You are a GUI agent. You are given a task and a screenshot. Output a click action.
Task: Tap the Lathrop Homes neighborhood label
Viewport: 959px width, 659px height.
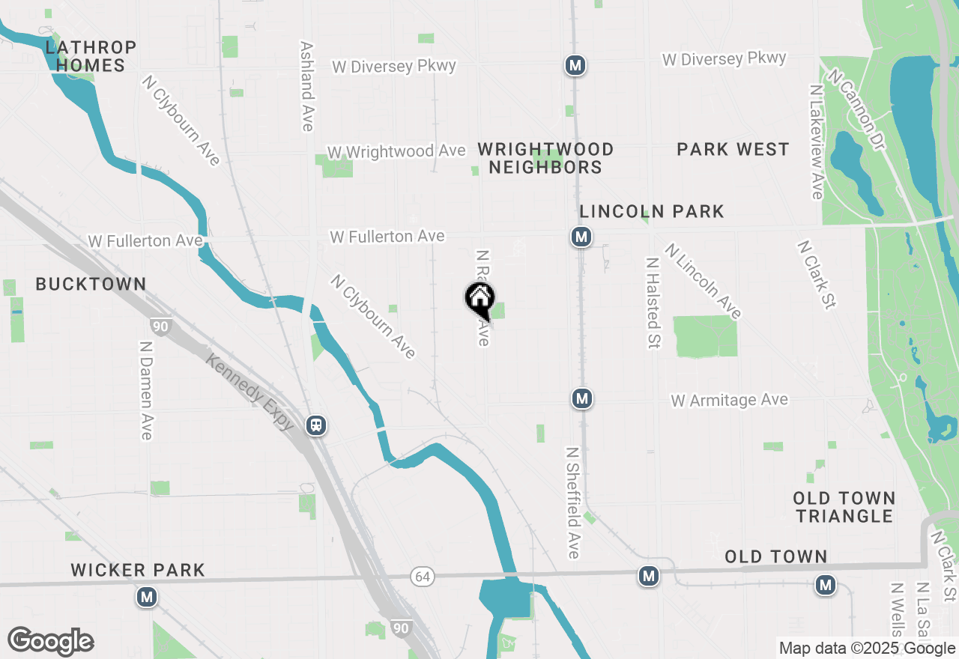point(91,57)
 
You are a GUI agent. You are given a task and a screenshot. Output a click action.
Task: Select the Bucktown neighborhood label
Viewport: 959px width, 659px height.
point(91,285)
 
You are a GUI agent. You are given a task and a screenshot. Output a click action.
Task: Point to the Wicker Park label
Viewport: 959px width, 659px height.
point(138,571)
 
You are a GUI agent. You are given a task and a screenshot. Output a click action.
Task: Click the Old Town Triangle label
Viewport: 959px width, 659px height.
point(844,507)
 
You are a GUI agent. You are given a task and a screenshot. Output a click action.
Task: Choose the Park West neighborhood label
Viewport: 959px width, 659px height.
point(733,150)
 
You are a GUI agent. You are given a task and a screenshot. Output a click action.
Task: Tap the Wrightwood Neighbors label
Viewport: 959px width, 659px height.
point(545,158)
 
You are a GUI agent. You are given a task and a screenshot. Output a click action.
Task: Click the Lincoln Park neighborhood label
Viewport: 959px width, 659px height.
point(652,212)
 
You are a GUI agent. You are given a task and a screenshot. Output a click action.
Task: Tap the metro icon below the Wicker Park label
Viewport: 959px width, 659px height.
point(147,598)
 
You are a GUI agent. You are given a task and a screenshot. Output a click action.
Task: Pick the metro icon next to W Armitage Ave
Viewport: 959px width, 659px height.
point(582,398)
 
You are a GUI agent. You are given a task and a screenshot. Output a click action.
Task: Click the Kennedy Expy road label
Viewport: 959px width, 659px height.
point(250,392)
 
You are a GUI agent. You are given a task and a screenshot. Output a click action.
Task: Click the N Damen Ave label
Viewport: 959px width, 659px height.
point(146,391)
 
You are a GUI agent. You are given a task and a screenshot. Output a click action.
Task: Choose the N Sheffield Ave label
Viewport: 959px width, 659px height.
point(573,503)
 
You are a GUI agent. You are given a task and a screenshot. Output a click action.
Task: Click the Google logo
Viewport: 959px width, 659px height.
point(50,641)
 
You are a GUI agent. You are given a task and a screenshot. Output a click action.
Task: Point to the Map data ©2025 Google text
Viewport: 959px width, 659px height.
point(865,649)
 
